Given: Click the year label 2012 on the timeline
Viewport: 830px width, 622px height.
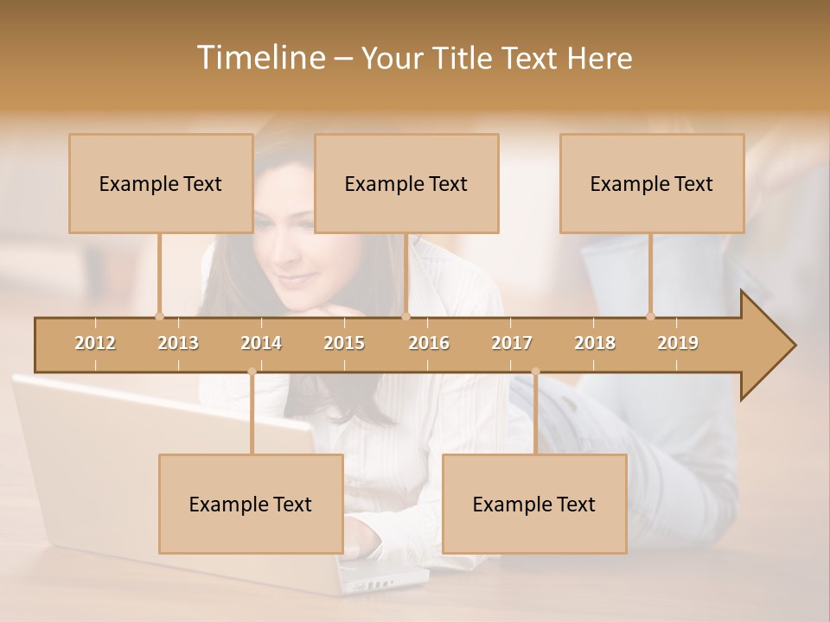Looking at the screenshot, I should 95,343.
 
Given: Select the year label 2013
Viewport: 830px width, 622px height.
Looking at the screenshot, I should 178,343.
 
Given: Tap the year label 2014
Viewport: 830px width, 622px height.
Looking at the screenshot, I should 261,343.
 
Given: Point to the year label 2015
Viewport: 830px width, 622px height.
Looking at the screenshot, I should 344,343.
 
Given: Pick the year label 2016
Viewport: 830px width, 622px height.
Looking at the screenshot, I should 429,343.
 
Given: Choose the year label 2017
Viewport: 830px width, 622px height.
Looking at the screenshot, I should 512,343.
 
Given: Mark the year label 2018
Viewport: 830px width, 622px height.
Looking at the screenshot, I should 595,343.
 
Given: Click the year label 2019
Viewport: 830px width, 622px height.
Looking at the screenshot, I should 678,343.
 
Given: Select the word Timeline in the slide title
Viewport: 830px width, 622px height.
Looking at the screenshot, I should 259,58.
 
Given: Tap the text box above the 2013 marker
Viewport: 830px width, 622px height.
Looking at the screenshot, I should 161,183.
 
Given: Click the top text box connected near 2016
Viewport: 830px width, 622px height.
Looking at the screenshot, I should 406,183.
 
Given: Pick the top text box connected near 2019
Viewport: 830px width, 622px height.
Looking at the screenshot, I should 652,183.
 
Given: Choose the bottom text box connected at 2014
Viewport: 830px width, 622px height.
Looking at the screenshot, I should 251,504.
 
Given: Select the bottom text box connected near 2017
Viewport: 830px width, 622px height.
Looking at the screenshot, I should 534,504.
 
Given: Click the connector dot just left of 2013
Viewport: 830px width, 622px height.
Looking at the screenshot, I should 159,316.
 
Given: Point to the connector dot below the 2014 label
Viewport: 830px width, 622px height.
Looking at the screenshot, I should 252,372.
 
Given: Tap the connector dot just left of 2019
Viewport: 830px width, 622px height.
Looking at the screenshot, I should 650,316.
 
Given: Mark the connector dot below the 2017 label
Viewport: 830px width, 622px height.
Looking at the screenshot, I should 535,372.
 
